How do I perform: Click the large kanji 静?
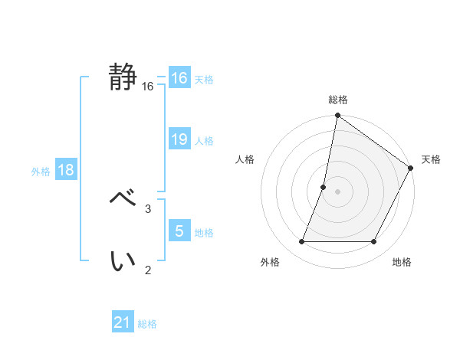(123, 77)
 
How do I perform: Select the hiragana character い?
(123, 261)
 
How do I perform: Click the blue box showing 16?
(179, 78)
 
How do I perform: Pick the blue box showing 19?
(179, 139)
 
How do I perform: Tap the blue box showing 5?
(179, 231)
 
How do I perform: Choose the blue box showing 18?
(66, 170)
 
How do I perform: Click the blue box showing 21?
(123, 322)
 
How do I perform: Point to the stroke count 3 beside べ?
(148, 208)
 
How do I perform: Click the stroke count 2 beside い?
(148, 269)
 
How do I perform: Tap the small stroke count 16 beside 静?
(148, 87)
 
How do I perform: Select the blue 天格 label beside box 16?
(204, 79)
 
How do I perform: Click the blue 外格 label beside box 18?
(41, 172)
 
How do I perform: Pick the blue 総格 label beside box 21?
(147, 324)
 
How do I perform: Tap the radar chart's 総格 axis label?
(337, 100)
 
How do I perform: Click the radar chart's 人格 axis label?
(245, 159)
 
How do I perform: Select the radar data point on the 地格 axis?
(374, 242)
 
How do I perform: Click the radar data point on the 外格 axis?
(301, 242)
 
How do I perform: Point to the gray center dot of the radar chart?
(337, 191)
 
